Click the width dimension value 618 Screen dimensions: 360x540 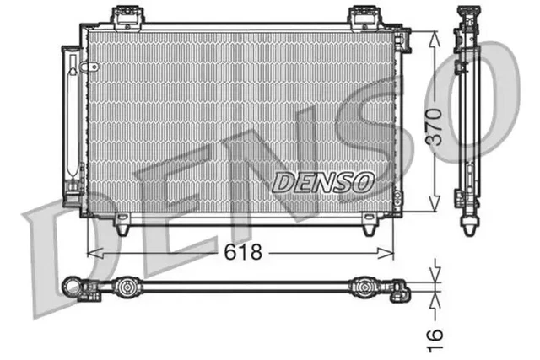tap(242, 251)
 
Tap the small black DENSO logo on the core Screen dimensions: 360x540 tap(322, 180)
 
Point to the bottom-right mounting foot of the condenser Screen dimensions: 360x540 tap(368, 226)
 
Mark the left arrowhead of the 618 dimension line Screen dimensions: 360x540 tap(94, 251)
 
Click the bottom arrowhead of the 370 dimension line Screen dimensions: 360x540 tap(434, 206)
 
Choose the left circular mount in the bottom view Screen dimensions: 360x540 tap(127, 287)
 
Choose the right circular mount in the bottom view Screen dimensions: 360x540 tap(365, 287)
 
